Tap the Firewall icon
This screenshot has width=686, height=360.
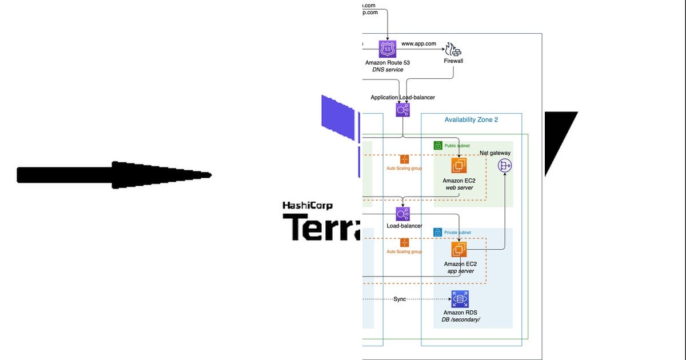coord(453,49)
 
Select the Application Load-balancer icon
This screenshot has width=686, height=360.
coord(403,110)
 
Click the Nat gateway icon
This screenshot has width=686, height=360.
coord(505,166)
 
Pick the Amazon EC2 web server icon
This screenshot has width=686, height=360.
coord(458,166)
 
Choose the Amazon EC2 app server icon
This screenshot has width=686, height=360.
coord(458,250)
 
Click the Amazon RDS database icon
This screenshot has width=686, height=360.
coord(460,298)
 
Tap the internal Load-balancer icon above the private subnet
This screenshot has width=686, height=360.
coord(403,214)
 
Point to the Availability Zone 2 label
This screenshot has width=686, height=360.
coord(471,119)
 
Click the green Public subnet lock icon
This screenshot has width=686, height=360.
coord(438,146)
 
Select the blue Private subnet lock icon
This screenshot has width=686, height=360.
coord(438,233)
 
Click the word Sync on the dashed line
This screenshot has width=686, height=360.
coord(400,299)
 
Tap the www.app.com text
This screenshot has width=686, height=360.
coord(418,43)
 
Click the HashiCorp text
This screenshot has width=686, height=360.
coord(308,206)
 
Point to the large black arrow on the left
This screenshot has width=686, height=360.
coord(114,175)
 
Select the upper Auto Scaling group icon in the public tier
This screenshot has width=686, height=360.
coord(405,159)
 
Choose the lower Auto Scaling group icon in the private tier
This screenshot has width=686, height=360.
coord(405,243)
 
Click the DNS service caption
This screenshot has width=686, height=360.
coord(387,70)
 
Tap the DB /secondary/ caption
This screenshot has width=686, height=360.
coord(460,320)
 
